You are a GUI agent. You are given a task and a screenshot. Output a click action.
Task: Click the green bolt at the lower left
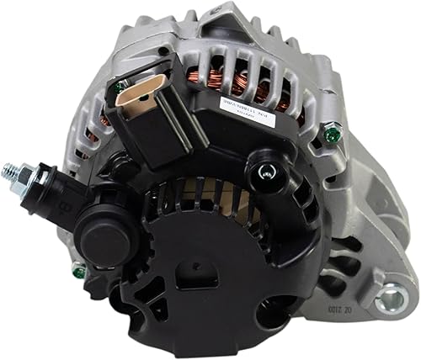(x=78, y=271)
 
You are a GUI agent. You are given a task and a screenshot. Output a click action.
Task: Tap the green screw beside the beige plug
(x=122, y=85)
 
